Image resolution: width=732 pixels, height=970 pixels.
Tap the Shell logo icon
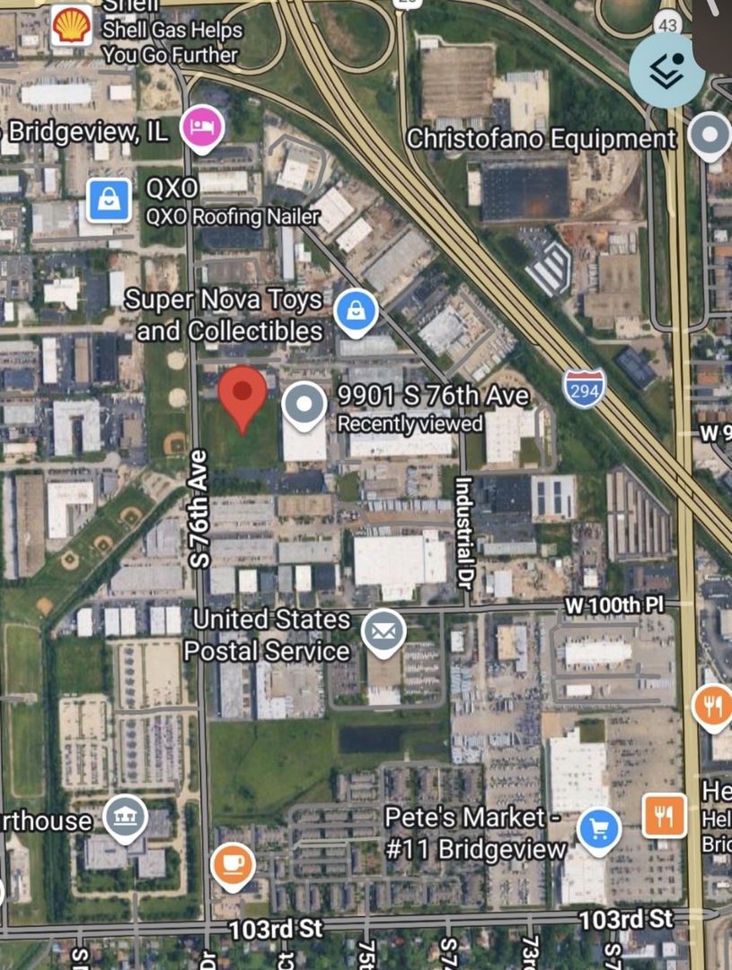[x=71, y=25]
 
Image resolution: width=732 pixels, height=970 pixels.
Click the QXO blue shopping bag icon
[x=109, y=199]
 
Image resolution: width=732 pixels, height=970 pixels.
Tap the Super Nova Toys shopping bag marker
[x=356, y=312]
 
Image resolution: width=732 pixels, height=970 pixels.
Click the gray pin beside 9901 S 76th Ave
[x=304, y=404]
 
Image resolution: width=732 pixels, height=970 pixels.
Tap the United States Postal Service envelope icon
[x=384, y=631]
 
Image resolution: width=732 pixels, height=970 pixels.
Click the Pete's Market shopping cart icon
[x=599, y=830]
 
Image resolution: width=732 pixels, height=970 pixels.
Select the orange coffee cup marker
[x=233, y=865]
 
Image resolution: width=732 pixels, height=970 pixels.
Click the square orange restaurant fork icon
[x=665, y=816]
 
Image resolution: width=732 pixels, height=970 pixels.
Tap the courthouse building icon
[x=125, y=816]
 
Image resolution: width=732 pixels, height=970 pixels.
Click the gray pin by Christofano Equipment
[x=710, y=137]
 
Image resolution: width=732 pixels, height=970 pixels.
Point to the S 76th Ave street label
[x=199, y=508]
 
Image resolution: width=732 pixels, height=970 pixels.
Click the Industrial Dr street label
[x=463, y=528]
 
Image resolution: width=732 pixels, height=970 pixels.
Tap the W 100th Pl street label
[x=614, y=604]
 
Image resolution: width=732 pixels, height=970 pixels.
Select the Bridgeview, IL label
[x=88, y=132]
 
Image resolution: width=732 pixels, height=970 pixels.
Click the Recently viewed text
[x=410, y=424]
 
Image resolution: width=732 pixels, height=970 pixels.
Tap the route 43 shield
[x=667, y=25]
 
